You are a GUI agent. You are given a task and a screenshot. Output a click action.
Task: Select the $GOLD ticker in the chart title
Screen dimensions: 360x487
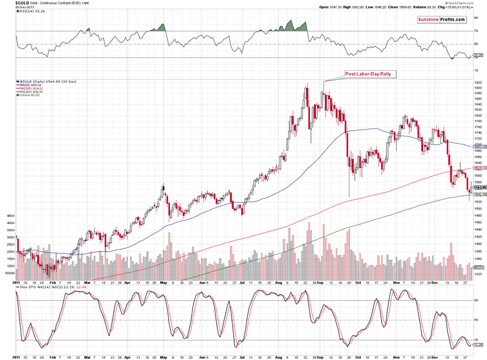tap(9, 3)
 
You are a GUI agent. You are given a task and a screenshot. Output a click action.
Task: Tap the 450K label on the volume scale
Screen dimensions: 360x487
tap(9, 216)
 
